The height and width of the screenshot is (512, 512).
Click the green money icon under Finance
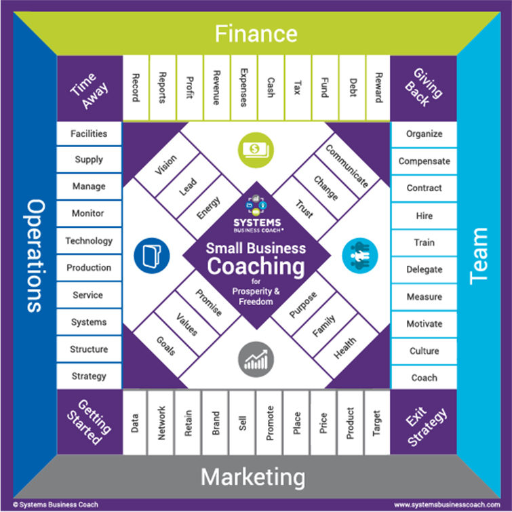[x=256, y=150]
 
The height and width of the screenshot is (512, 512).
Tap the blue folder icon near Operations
[x=152, y=256]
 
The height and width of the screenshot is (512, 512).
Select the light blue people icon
[x=360, y=256]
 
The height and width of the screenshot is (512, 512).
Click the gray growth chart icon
[x=256, y=359]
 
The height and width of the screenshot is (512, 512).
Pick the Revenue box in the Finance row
[x=216, y=87]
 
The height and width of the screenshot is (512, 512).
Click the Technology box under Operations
[x=89, y=241]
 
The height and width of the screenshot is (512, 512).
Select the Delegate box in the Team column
[x=424, y=269]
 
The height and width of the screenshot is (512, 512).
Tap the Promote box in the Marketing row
[x=270, y=423]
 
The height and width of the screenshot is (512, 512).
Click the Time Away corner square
[x=90, y=88]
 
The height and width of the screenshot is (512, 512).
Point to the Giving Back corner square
[x=424, y=88]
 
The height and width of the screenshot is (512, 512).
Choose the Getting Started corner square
[x=90, y=422]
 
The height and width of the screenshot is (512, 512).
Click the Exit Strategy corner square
[x=424, y=422]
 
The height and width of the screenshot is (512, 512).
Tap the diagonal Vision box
[x=167, y=165]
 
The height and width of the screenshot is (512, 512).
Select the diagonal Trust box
[x=304, y=209]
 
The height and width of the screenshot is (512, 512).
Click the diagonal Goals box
[x=166, y=345]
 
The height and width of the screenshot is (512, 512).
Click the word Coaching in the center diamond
[x=256, y=266]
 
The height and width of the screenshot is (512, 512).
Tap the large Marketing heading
[x=253, y=477]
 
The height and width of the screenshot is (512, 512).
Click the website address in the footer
[x=447, y=505]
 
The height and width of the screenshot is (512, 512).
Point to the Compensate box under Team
[x=424, y=161]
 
